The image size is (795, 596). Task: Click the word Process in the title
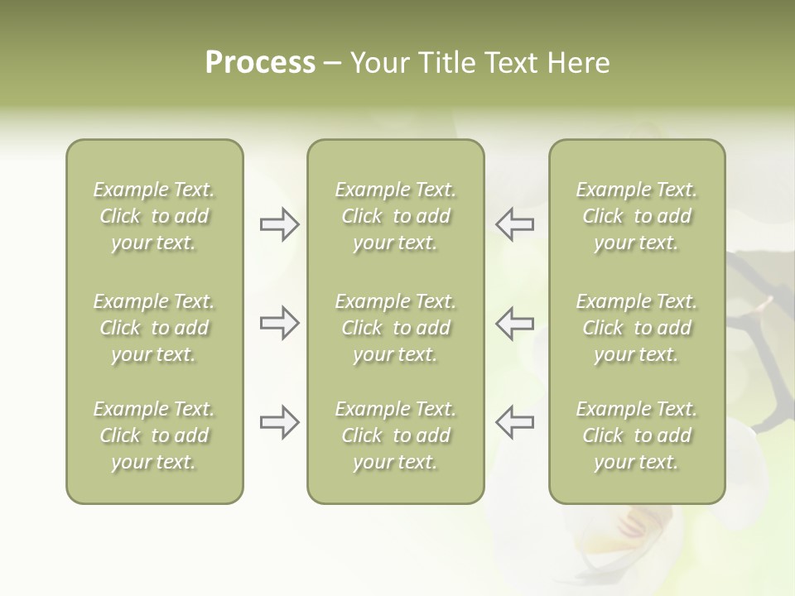[x=260, y=63]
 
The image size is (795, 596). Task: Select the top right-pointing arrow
[x=279, y=224]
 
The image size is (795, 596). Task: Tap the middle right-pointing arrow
[x=279, y=323]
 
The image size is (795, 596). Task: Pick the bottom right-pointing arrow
[x=279, y=422]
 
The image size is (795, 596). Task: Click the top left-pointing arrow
[x=515, y=224]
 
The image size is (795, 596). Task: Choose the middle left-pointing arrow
[x=515, y=323]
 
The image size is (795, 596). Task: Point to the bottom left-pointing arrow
[x=515, y=422]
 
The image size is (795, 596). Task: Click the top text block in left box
[x=154, y=216]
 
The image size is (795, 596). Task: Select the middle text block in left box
[x=154, y=328]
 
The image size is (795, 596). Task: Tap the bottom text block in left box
[x=154, y=435]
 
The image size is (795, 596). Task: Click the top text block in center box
[x=395, y=216]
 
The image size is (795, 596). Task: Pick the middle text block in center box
[x=395, y=328]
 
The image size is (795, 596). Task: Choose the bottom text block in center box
[x=395, y=435]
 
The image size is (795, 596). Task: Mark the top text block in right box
[x=636, y=216]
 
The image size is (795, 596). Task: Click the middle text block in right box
[x=636, y=328]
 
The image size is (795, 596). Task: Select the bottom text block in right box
[x=636, y=435]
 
